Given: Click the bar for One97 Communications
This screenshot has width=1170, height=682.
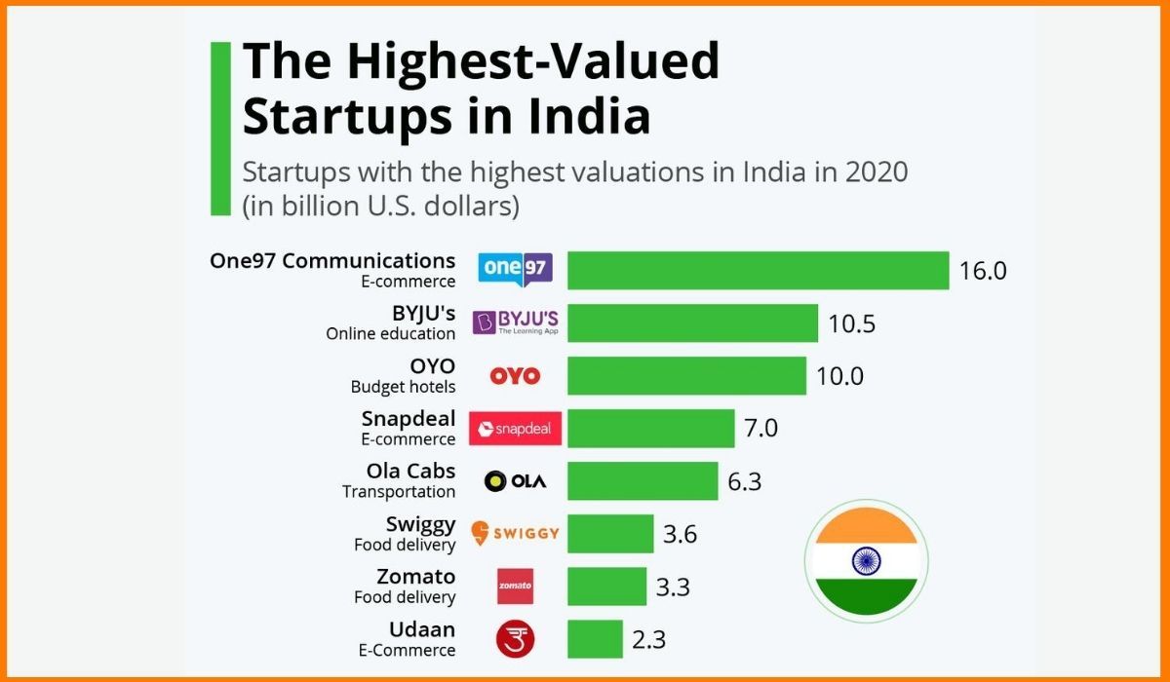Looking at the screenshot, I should click(758, 270).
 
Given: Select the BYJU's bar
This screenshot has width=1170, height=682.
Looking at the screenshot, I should click(692, 322).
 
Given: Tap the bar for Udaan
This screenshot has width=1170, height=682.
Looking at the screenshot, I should click(595, 639).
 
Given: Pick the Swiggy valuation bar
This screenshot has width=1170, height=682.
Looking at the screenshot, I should click(610, 534).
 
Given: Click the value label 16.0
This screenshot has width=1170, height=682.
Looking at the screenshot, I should click(982, 271).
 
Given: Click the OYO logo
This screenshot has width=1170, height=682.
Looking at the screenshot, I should click(515, 376).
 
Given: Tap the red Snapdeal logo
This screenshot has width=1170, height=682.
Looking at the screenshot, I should click(515, 429).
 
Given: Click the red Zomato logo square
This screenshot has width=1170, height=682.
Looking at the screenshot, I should click(515, 586).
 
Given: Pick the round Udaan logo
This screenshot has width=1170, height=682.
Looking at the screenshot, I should click(515, 638).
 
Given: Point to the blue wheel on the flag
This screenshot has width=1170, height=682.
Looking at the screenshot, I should click(866, 560).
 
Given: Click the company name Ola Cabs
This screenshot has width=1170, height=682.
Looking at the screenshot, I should click(410, 471).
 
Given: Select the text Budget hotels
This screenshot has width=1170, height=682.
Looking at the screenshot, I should click(403, 387).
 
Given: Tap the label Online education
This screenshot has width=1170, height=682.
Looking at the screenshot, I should click(390, 333).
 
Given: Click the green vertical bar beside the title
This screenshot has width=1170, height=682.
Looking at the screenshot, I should click(221, 128).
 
